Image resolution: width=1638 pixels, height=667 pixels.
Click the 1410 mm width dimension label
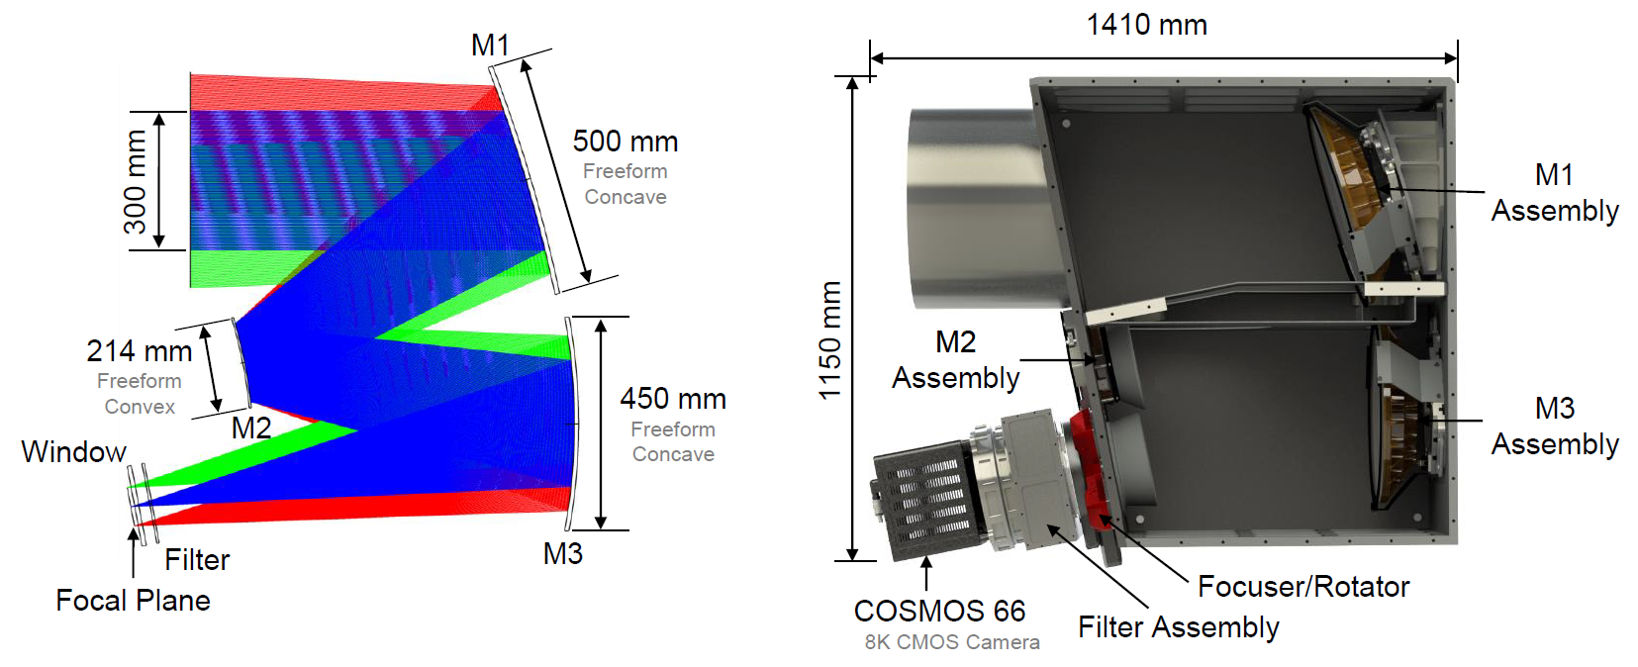pos(1146,25)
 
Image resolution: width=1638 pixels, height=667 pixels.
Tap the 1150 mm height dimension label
pos(829,340)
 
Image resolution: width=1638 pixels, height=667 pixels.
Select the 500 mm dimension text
pos(626,142)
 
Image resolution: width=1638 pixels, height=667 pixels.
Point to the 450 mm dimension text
pos(673,399)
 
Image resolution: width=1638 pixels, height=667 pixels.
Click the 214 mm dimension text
pos(140,351)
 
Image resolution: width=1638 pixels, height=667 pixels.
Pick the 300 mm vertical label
pos(136,182)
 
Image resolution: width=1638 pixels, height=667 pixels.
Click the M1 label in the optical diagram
pos(490,46)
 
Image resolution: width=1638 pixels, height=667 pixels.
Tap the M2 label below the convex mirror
pos(251,428)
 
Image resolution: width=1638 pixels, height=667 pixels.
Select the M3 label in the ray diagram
pos(562,553)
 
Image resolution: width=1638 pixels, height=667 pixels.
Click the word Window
pos(74,452)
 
